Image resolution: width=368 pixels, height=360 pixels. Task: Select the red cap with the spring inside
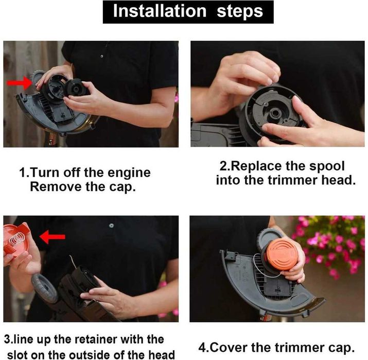(16, 239)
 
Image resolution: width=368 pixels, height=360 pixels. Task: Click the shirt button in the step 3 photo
(111, 226)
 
